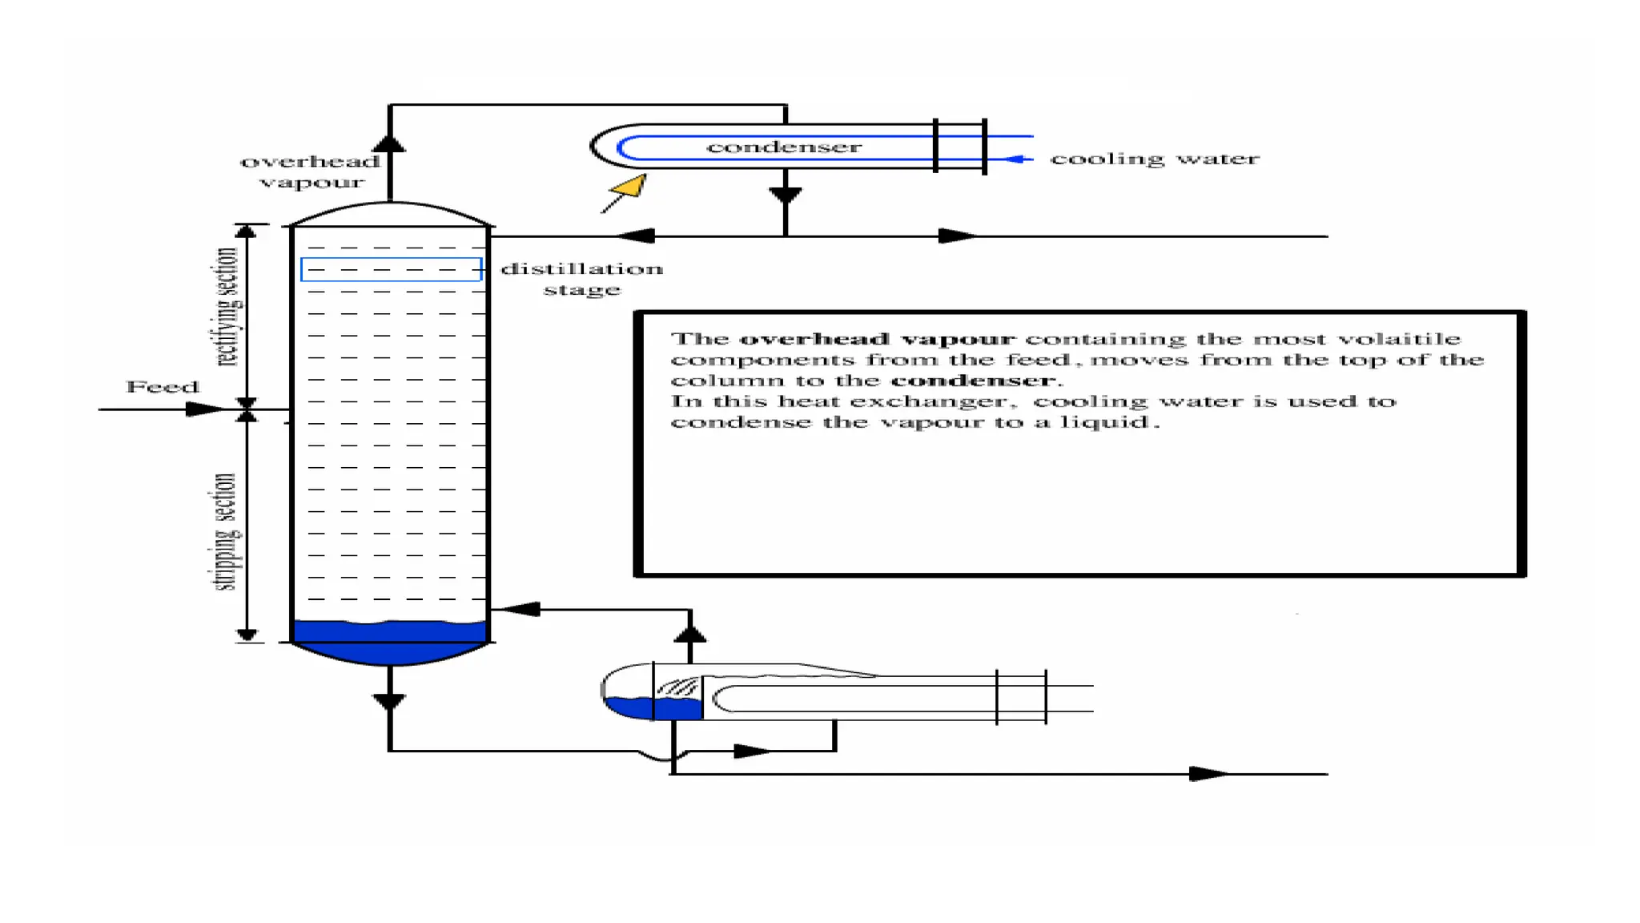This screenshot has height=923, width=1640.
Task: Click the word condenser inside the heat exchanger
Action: (x=783, y=147)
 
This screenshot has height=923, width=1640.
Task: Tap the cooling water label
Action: (x=1154, y=159)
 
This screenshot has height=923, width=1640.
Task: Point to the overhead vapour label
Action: (x=311, y=171)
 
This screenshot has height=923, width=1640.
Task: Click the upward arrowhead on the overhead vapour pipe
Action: (x=389, y=143)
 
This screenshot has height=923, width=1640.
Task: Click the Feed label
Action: (x=163, y=386)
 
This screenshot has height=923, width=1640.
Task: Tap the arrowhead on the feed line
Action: (x=203, y=409)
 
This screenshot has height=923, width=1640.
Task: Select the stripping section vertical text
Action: (x=225, y=531)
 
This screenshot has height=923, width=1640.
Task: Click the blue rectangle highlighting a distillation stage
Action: (x=391, y=269)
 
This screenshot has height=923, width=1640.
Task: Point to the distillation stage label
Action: (x=582, y=278)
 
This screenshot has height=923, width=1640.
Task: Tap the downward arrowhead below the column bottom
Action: (x=389, y=702)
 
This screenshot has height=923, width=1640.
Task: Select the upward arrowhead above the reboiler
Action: (x=689, y=635)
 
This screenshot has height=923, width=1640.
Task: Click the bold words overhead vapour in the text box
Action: (x=876, y=339)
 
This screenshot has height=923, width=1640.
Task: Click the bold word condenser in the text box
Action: (x=972, y=381)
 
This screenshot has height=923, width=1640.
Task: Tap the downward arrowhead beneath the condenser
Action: (x=785, y=195)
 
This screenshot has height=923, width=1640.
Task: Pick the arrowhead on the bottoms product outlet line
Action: (x=1207, y=773)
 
